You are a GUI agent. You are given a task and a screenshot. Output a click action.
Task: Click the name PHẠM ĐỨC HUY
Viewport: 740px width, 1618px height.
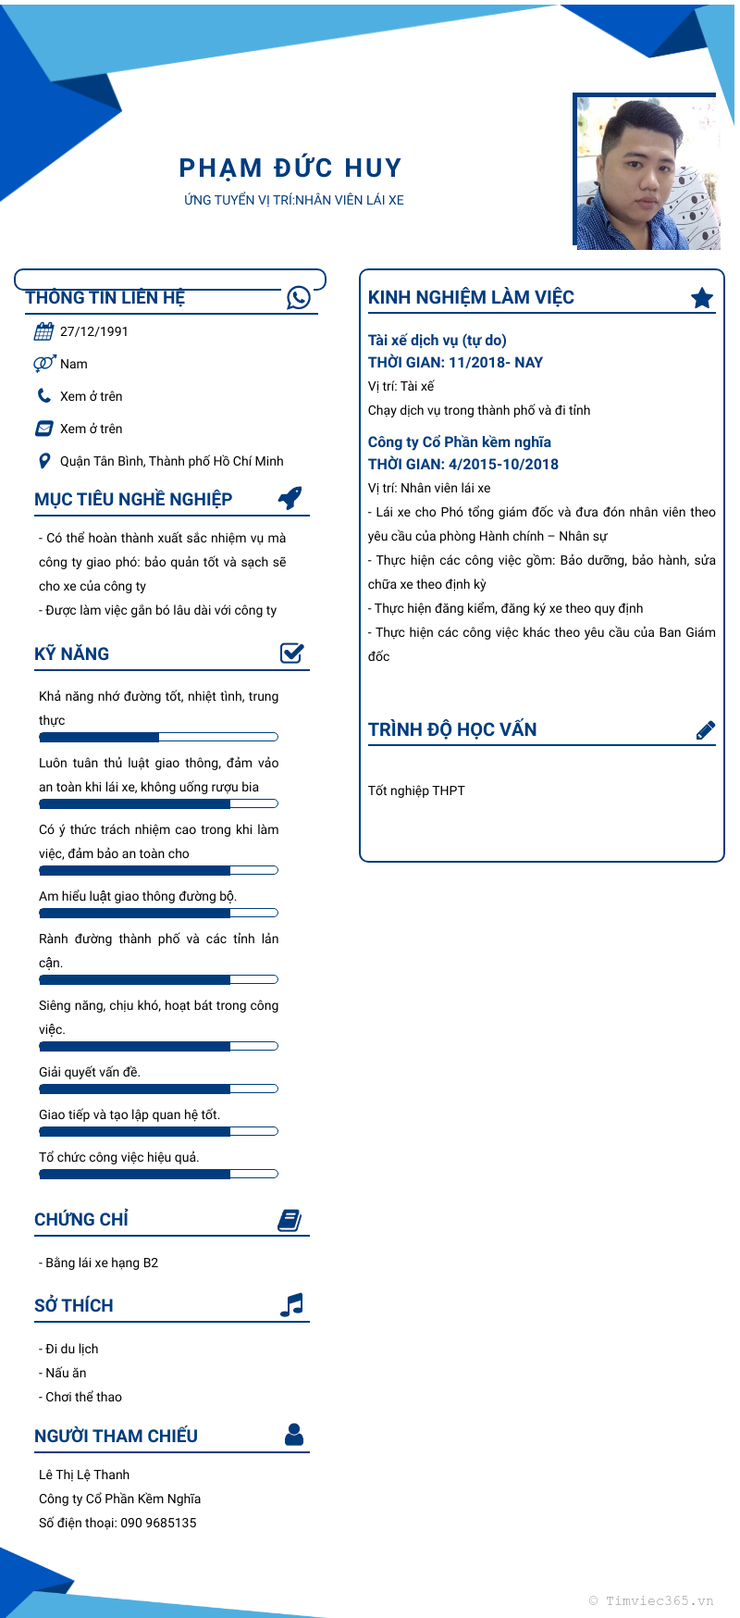[290, 168]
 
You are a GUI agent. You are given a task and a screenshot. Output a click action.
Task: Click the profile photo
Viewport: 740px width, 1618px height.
[647, 173]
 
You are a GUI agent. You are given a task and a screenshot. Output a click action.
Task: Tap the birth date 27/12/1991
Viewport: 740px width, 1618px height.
[94, 331]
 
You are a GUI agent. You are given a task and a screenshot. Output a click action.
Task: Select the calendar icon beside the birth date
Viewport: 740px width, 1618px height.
[43, 331]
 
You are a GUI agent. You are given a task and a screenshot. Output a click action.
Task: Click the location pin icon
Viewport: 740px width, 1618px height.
[43, 461]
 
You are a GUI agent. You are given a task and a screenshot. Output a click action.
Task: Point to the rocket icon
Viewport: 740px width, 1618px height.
[290, 498]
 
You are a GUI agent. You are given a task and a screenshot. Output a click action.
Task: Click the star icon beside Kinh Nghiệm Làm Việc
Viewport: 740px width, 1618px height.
[702, 297]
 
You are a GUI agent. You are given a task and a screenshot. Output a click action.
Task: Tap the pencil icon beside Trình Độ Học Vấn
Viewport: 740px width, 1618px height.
[705, 730]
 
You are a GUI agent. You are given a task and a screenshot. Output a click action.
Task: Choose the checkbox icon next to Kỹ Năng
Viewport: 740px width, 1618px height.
[292, 653]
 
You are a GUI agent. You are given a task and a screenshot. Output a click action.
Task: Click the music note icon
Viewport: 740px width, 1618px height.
[291, 1305]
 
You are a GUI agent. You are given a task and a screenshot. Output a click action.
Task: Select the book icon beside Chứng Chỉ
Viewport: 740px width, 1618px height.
[290, 1220]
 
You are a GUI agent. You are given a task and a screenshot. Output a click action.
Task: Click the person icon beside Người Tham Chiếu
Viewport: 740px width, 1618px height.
[294, 1435]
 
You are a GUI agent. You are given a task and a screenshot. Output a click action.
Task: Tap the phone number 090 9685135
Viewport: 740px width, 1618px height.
[158, 1523]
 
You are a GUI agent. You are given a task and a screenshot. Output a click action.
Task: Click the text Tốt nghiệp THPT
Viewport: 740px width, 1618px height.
[416, 790]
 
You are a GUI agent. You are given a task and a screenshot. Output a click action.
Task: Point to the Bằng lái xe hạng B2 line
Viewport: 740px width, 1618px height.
[99, 1263]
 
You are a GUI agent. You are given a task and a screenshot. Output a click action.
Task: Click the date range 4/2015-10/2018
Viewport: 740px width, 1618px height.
[503, 465]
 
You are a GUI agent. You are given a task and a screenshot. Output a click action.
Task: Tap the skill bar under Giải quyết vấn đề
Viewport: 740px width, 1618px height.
[158, 1089]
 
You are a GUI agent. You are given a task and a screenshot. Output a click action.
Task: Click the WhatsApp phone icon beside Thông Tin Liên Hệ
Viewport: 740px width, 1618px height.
[299, 297]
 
